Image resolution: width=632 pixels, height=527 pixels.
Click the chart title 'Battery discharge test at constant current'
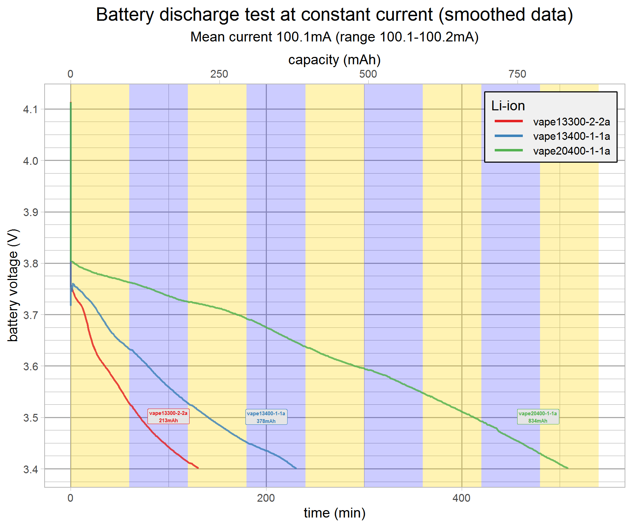point(334,15)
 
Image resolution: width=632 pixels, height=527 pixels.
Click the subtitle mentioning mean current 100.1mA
point(334,37)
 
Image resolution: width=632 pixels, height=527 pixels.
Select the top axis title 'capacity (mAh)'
point(334,60)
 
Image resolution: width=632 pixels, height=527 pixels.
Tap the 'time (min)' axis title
point(334,513)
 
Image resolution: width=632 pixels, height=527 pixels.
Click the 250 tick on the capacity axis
point(219,74)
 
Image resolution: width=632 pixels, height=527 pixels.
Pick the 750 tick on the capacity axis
point(517,74)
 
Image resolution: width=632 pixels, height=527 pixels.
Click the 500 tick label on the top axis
point(368,74)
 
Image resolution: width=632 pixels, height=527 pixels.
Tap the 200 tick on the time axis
point(266,498)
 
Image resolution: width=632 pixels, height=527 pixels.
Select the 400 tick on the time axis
point(461,498)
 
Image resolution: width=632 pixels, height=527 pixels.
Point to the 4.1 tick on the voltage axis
point(30,110)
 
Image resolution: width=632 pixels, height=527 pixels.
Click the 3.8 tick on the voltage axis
point(30,263)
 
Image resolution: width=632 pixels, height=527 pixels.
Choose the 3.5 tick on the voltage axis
point(30,418)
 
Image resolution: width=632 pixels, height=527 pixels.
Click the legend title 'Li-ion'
point(508,106)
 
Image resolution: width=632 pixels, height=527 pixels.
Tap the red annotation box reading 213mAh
point(168,417)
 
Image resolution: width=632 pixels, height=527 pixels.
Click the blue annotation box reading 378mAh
point(266,417)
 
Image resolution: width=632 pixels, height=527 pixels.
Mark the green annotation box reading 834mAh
point(538,417)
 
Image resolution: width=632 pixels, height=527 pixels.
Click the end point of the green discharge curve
point(567,468)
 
